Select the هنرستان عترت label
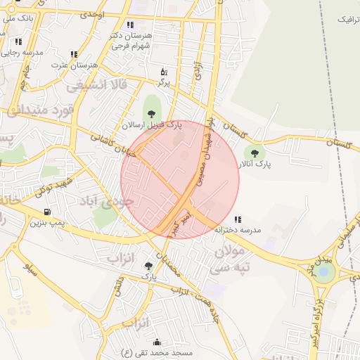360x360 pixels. click(x=73, y=65)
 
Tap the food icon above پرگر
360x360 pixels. click(x=164, y=71)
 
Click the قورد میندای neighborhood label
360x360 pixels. click(x=41, y=110)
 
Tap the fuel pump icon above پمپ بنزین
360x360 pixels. click(x=47, y=211)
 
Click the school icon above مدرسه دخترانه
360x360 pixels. click(x=239, y=219)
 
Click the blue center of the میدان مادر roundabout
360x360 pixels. click(x=324, y=271)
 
